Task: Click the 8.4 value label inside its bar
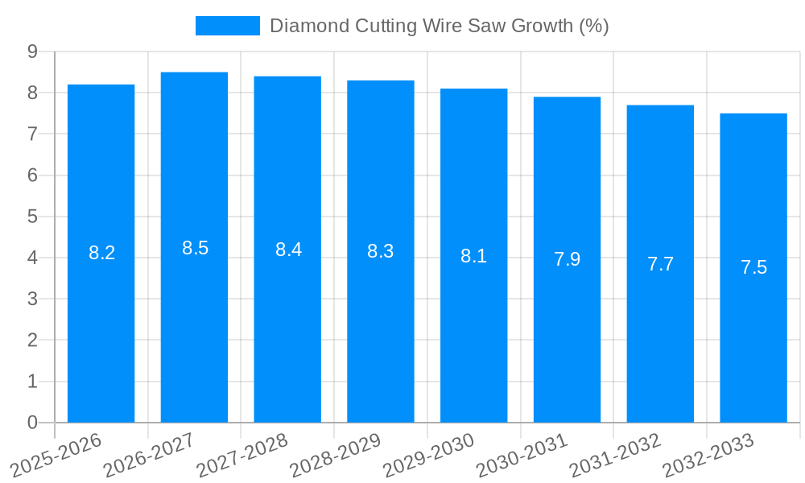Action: click(x=288, y=250)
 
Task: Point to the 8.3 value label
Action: click(x=381, y=251)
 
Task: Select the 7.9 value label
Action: click(x=567, y=259)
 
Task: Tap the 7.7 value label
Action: click(x=660, y=263)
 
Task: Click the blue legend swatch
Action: click(x=228, y=26)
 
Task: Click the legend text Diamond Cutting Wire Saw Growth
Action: click(x=439, y=26)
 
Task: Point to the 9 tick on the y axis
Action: click(x=32, y=52)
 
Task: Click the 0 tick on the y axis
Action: click(x=32, y=423)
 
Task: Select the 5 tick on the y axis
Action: click(x=32, y=217)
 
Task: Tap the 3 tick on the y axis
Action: click(x=32, y=299)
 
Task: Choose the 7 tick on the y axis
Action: click(x=32, y=134)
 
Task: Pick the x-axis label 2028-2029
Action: click(x=336, y=454)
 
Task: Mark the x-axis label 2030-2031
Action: click(x=522, y=454)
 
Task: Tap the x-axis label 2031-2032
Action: click(x=616, y=454)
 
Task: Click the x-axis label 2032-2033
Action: click(x=708, y=454)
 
